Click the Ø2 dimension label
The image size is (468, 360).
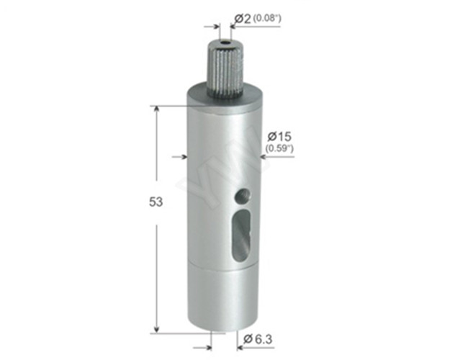click(x=243, y=17)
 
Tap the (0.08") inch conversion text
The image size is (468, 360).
click(x=267, y=17)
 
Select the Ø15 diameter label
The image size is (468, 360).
click(x=278, y=136)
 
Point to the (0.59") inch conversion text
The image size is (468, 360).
click(x=279, y=148)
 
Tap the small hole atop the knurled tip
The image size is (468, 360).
click(x=225, y=43)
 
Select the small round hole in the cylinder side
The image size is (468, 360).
click(x=243, y=194)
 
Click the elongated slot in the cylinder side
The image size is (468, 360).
click(x=239, y=236)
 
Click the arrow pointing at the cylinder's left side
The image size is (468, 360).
click(x=181, y=155)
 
